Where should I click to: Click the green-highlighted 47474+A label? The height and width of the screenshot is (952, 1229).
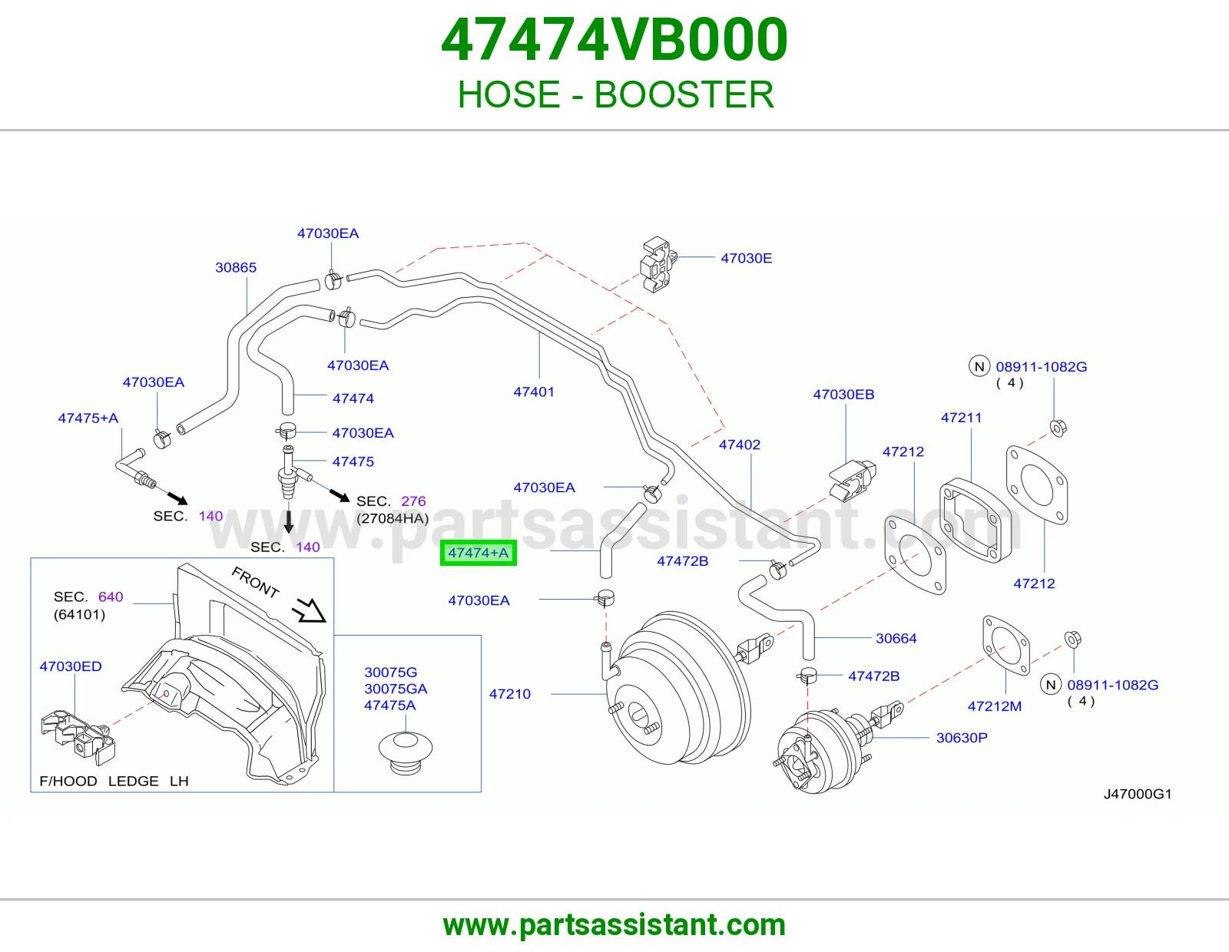tap(478, 552)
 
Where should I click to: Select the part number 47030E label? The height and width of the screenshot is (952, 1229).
tap(746, 259)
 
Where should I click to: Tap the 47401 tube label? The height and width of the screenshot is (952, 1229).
tap(533, 392)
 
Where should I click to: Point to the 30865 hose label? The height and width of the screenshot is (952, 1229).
tap(235, 267)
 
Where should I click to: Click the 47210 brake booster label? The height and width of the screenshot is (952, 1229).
tap(509, 693)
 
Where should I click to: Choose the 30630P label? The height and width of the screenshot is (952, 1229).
tap(962, 737)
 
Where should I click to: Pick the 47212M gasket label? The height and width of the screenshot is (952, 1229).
tap(994, 706)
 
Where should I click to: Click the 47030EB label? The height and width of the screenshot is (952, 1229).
tap(843, 394)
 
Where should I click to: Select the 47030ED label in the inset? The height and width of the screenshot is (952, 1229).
tap(71, 666)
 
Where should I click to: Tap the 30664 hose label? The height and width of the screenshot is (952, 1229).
tap(896, 638)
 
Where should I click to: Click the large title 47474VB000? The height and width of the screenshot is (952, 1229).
tap(614, 40)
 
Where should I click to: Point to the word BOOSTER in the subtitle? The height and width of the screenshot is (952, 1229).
tap(683, 94)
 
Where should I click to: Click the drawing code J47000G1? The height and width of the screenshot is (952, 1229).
tap(1138, 794)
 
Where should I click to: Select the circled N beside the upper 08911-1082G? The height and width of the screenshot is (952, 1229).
tap(979, 366)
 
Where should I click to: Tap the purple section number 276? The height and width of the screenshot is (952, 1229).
tap(413, 501)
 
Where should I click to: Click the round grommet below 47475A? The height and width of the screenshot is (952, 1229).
tap(406, 753)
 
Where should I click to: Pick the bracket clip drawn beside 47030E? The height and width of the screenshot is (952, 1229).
tap(658, 264)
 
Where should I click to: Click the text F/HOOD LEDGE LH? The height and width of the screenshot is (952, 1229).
tap(114, 781)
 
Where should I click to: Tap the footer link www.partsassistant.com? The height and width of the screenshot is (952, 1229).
tap(614, 925)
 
